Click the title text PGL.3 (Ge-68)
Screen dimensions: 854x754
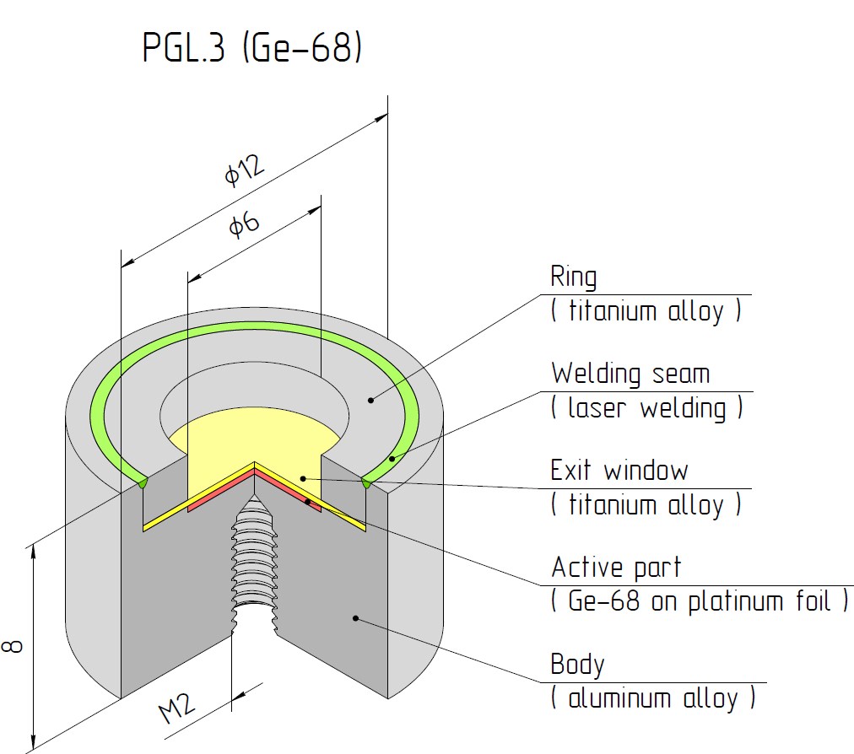tap(252, 47)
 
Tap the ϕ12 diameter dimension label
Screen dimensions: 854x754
tap(245, 170)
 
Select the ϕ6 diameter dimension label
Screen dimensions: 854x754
tap(244, 224)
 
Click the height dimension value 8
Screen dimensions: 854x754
tap(13, 646)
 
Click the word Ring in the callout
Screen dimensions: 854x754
tap(574, 277)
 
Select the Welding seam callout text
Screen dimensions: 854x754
tap(630, 374)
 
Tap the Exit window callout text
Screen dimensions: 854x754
tap(619, 471)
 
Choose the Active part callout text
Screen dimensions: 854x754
tap(616, 568)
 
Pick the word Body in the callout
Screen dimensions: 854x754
tap(577, 665)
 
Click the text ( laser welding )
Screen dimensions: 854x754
tap(647, 407)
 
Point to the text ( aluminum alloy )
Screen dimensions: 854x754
tap(653, 698)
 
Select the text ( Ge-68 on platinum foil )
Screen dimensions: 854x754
tap(700, 601)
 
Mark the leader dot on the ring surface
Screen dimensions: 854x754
tap(371, 401)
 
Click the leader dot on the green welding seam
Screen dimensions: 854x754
tap(392, 459)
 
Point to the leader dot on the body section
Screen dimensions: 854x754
tap(355, 618)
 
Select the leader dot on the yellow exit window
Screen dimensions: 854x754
tap(303, 479)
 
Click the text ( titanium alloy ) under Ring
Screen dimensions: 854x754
tap(646, 311)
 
